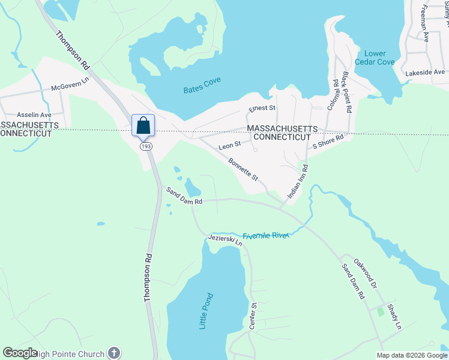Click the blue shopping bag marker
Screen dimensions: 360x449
pos(143,125)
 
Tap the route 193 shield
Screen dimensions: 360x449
pos(145,146)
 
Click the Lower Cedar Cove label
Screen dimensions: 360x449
pos(375,58)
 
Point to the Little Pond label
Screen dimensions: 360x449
pos(206,310)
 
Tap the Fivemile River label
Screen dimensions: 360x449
pos(266,235)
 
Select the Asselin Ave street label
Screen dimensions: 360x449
pos(34,114)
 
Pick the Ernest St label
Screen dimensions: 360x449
pos(262,109)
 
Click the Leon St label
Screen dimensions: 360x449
pos(229,145)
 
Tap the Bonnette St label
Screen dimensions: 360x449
pos(243,170)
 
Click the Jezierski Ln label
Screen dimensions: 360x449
pos(224,240)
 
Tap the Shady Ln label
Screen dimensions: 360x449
pos(394,317)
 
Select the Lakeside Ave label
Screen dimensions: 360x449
pos(425,73)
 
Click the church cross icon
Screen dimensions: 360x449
pos(114,353)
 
